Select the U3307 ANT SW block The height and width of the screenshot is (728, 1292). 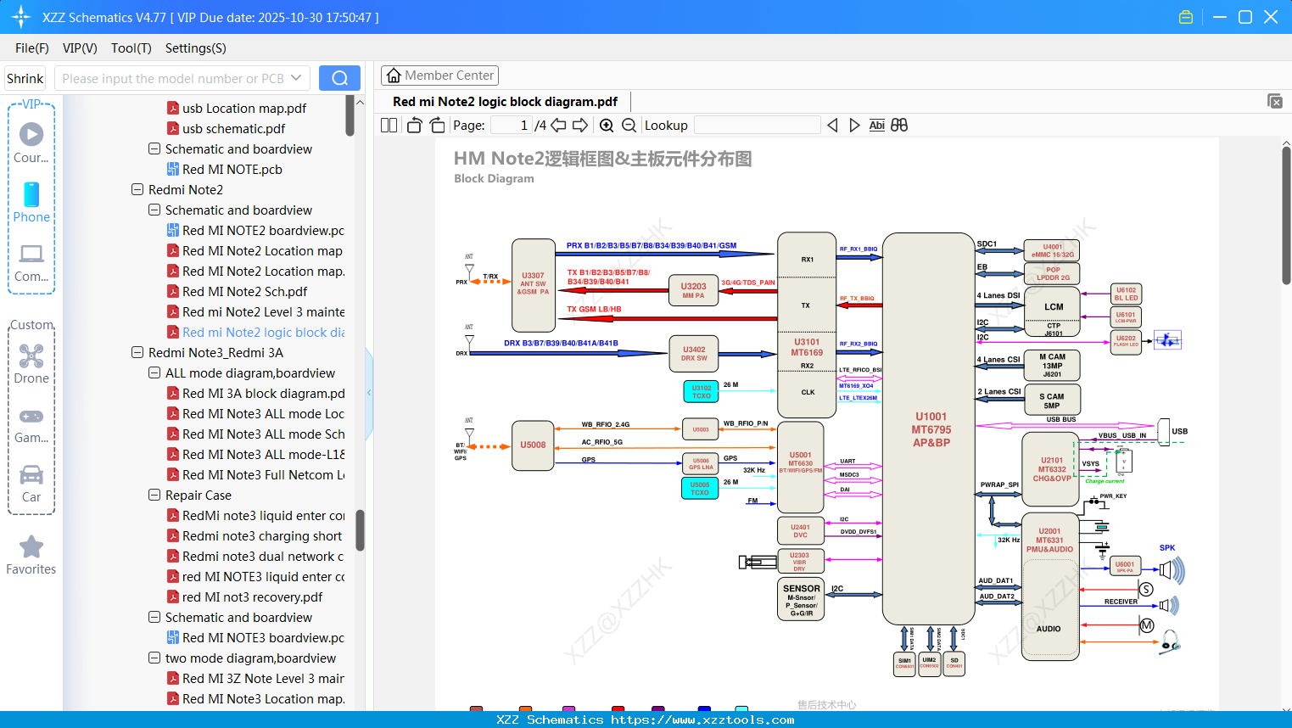pos(533,285)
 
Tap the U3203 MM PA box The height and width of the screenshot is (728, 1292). pos(693,290)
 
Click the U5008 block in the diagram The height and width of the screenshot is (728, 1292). pos(533,445)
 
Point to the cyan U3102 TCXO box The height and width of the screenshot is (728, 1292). pos(701,391)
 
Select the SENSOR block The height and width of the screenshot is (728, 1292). pos(801,599)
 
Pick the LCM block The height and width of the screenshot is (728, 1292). pos(1053,306)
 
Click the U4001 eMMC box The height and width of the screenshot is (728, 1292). pos(1051,251)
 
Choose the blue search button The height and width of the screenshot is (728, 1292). pos(339,78)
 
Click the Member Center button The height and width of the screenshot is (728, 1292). pos(439,76)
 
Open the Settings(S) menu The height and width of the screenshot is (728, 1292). pos(195,48)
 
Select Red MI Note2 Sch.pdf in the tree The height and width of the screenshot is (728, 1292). pos(244,292)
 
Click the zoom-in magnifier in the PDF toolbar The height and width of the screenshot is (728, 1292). pos(607,126)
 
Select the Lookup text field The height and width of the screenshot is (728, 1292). pos(757,126)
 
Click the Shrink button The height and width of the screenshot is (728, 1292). pos(25,79)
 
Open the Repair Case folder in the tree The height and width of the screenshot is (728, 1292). pos(198,496)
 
